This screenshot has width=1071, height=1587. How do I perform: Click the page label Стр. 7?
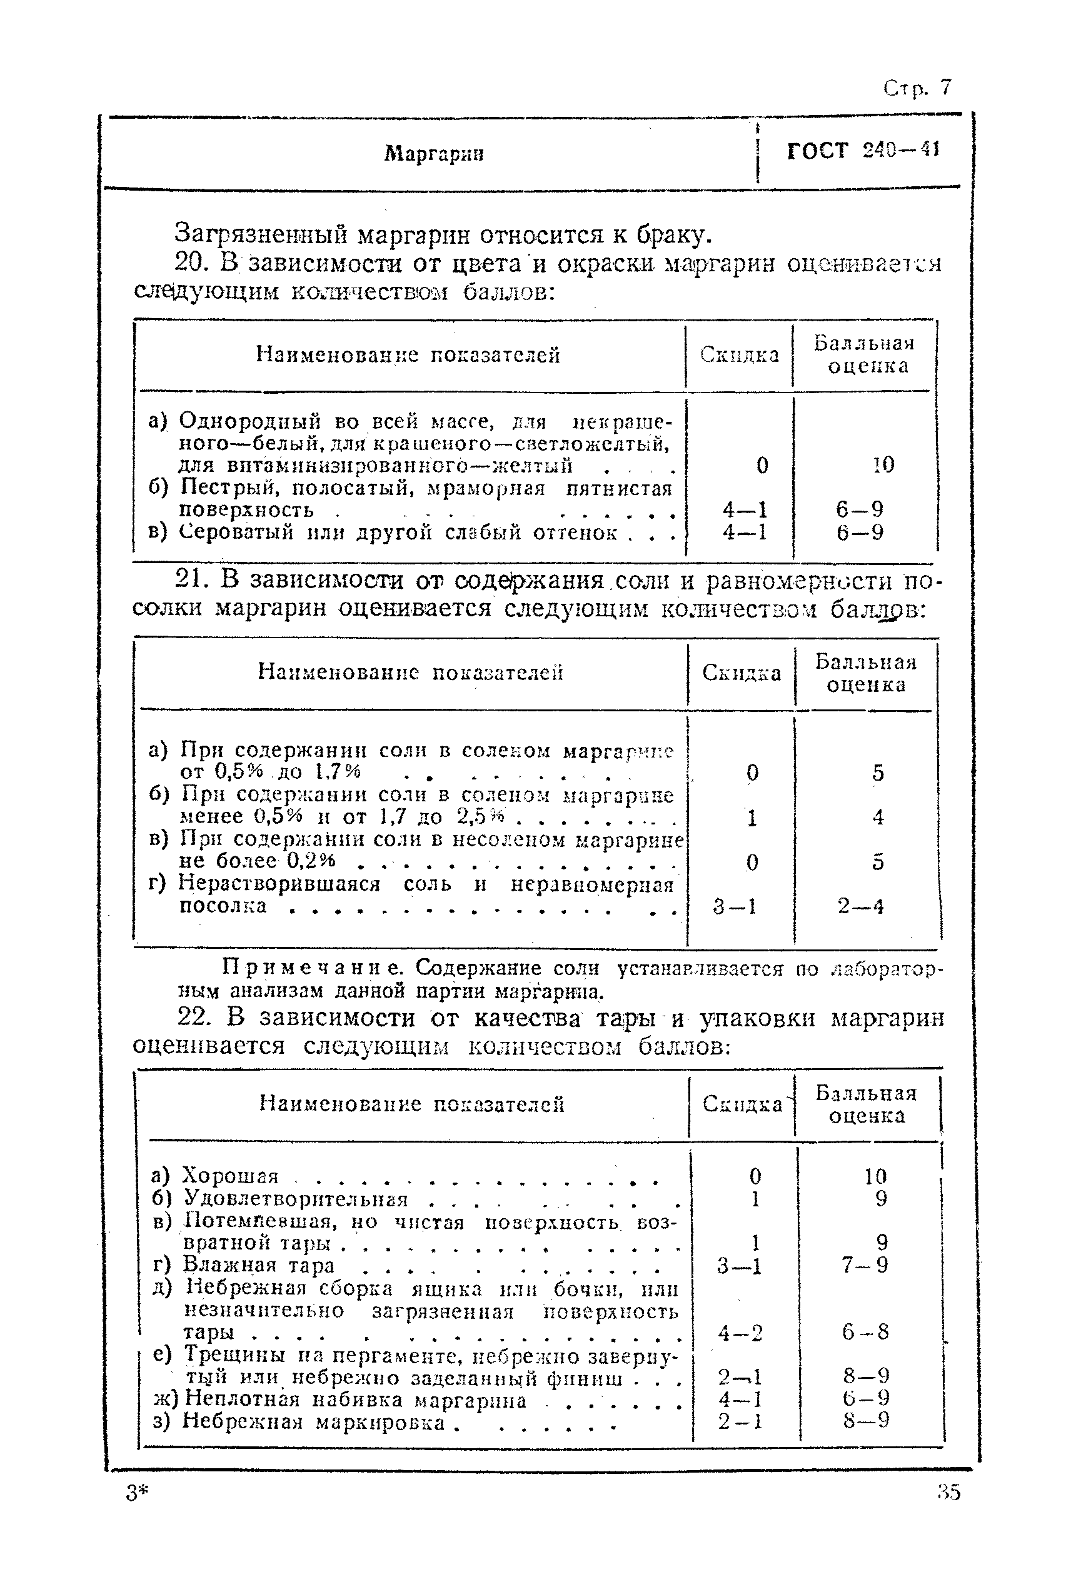(916, 88)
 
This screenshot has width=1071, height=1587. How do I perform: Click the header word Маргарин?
(434, 153)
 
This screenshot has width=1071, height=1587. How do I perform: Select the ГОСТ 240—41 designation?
(863, 150)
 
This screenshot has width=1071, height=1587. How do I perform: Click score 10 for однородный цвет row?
(882, 465)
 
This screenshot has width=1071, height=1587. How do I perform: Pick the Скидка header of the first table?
(739, 354)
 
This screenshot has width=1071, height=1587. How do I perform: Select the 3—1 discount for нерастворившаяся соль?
(734, 907)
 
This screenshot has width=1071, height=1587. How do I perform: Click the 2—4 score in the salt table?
(861, 907)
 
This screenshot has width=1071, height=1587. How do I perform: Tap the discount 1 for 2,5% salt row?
(752, 818)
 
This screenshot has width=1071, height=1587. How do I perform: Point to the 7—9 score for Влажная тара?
(865, 1265)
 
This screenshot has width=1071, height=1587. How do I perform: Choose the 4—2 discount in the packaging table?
(740, 1332)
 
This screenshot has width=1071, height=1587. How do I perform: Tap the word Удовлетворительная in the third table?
(296, 1198)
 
